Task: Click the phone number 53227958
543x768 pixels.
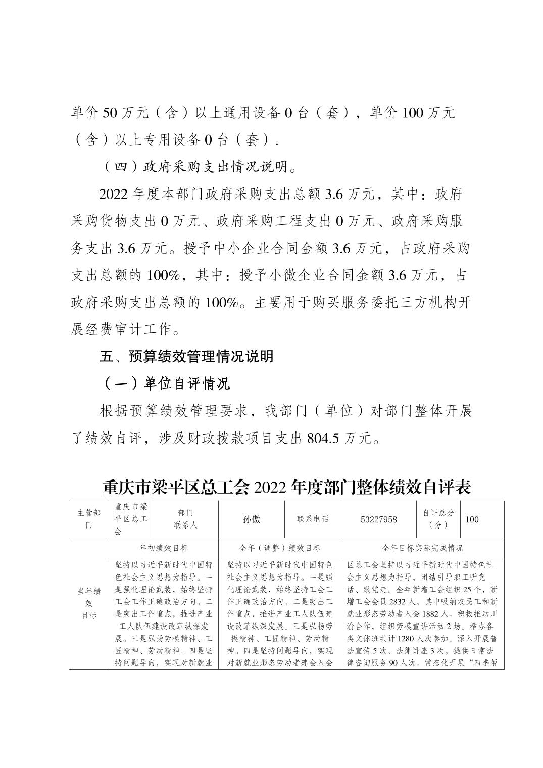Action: [x=379, y=519]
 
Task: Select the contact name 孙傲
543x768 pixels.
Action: [x=252, y=519]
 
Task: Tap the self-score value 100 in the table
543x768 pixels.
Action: [x=472, y=519]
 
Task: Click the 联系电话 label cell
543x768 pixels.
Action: [x=313, y=519]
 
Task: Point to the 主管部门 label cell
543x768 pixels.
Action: [x=89, y=519]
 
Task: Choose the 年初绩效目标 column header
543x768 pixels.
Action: [x=163, y=548]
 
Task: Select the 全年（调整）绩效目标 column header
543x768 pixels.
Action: [x=279, y=548]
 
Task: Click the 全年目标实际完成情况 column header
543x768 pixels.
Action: [x=423, y=548]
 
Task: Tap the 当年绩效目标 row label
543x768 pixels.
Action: [x=89, y=603]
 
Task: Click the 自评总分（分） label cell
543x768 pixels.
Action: [x=438, y=519]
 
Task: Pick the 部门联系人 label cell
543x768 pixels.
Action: [x=185, y=519]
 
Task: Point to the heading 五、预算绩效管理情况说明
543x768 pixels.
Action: [x=187, y=356]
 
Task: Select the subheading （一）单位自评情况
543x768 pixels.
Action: [x=166, y=383]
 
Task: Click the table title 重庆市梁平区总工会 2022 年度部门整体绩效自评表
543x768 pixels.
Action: [x=286, y=487]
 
